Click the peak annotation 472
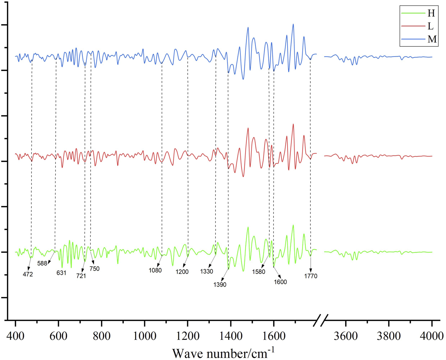coord(28,274)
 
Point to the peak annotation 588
coord(42,263)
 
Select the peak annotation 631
coord(61,273)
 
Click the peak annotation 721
coord(81,276)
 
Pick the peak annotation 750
coord(94,269)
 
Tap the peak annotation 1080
coord(155,270)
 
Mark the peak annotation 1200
coord(182,272)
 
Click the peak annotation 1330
coord(207,271)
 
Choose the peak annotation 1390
coord(220,284)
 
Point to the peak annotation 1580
coord(258,272)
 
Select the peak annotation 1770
coord(311,276)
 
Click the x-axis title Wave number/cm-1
coord(223,353)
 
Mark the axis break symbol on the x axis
coord(320,320)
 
